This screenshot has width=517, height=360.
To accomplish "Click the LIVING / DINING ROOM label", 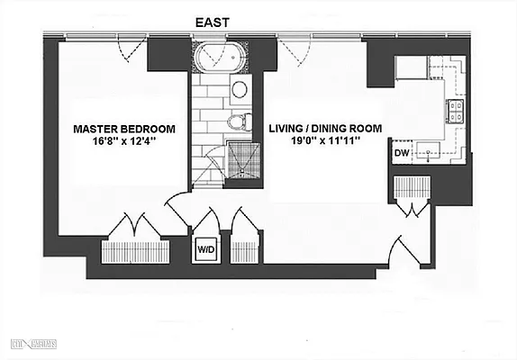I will [322, 129].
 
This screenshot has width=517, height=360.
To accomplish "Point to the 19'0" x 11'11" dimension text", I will [322, 143].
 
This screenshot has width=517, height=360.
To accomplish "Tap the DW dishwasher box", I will [401, 154].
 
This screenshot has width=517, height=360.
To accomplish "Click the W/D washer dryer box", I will [205, 250].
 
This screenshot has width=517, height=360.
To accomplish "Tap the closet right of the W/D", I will [244, 238].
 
